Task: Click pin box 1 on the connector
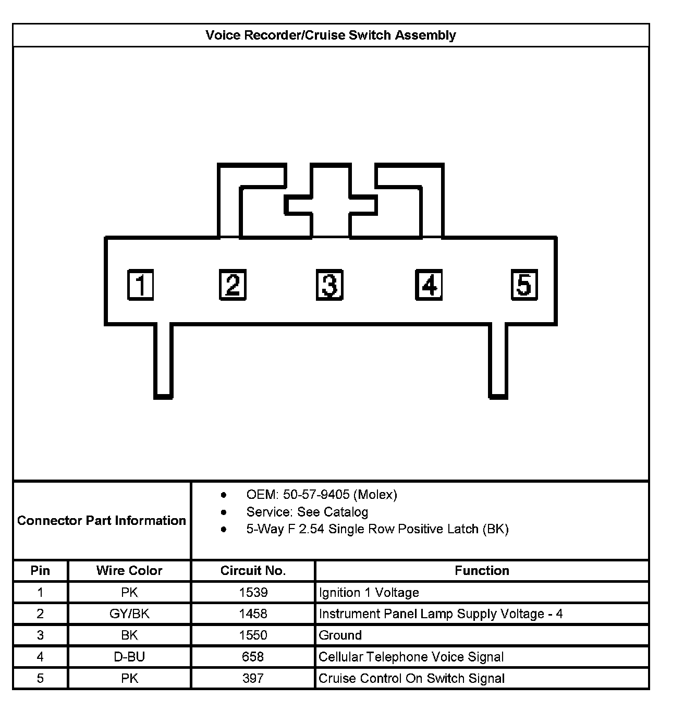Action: (141, 285)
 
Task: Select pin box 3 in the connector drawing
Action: (329, 285)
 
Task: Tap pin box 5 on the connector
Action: (524, 285)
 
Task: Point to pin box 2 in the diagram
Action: (233, 285)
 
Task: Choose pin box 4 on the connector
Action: (429, 285)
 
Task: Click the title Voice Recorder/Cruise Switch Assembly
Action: (331, 35)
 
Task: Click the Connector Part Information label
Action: (102, 521)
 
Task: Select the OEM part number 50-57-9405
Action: (316, 495)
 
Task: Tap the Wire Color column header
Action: (129, 571)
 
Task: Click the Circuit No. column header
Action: (253, 571)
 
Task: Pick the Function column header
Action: (482, 571)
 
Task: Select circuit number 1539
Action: (253, 593)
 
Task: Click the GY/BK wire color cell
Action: (129, 614)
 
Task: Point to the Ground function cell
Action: (340, 635)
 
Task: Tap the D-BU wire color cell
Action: (129, 657)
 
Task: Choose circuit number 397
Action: (253, 679)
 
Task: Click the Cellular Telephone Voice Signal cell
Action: (411, 657)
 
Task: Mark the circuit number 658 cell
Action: (253, 657)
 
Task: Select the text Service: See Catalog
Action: (307, 512)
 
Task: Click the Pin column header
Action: (40, 571)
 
